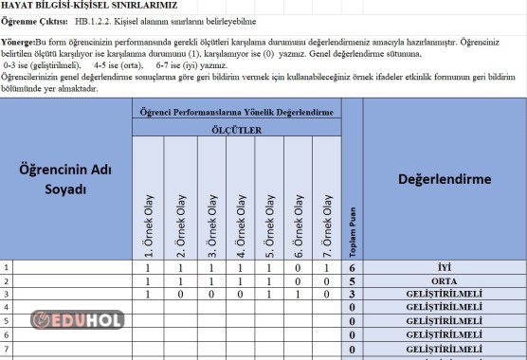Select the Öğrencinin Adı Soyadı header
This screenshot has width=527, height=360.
pyautogui.click(x=66, y=180)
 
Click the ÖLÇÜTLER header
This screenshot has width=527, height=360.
pyautogui.click(x=237, y=130)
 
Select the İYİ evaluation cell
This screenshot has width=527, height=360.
pyautogui.click(x=445, y=268)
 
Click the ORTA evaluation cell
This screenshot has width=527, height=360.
pyautogui.click(x=445, y=281)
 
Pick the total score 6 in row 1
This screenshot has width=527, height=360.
pyautogui.click(x=353, y=268)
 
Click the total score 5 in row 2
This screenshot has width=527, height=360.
pyautogui.click(x=353, y=281)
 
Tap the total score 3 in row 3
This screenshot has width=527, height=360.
pyautogui.click(x=353, y=295)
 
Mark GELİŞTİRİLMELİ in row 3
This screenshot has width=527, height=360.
pyautogui.click(x=445, y=295)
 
